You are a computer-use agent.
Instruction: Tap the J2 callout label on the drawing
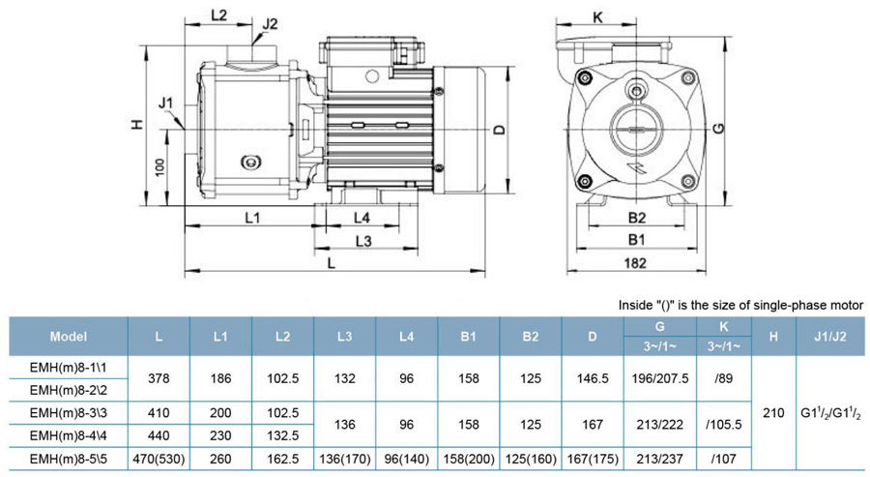point(270,23)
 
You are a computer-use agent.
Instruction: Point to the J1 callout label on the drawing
point(165,103)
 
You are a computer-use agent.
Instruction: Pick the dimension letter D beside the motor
point(499,131)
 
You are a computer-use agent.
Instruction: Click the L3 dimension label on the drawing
point(364,241)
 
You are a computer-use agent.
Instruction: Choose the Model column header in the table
point(69,337)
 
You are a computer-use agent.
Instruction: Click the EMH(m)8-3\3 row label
point(69,411)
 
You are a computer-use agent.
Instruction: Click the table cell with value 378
point(159,379)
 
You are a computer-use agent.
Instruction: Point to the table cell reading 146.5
point(591,379)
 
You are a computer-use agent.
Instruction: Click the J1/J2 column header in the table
point(831,337)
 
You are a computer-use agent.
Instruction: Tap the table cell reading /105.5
point(724,423)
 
